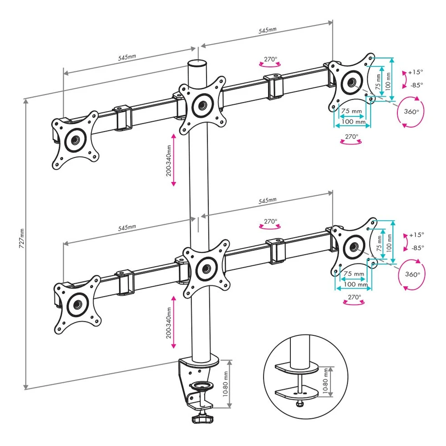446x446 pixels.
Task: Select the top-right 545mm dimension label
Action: [267, 30]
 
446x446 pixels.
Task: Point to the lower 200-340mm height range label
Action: [169, 322]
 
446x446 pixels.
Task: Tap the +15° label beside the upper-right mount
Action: [415, 72]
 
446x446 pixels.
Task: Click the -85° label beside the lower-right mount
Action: [416, 248]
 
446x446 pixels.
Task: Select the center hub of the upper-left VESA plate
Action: [74, 140]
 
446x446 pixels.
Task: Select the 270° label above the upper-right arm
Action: [270, 59]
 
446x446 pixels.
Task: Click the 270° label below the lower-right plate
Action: [354, 297]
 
